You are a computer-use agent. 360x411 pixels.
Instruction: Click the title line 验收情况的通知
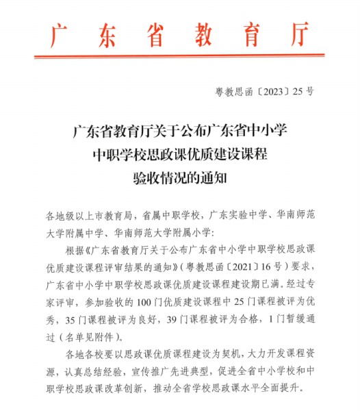pyautogui.click(x=180, y=178)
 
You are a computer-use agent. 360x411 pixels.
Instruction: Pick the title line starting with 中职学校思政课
pyautogui.click(x=180, y=154)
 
